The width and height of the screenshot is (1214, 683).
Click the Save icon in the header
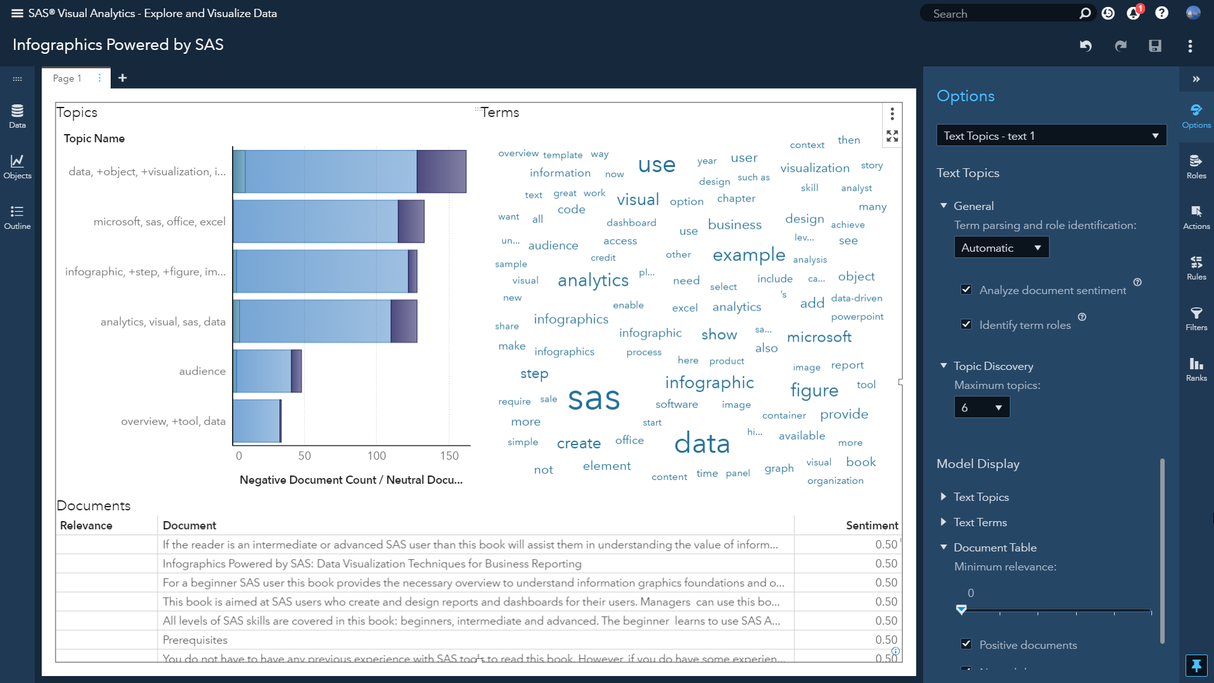coord(1155,46)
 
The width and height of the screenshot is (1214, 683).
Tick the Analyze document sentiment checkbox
coord(966,290)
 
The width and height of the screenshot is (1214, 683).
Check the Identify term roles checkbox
coord(966,324)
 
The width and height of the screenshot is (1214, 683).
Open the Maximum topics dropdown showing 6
coord(981,407)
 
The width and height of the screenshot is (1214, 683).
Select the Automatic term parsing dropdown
coord(1001,247)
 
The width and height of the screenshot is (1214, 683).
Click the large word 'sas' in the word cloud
coord(594,398)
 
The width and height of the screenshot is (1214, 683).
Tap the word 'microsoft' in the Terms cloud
coord(819,337)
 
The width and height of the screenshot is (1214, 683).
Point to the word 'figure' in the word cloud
coord(814,390)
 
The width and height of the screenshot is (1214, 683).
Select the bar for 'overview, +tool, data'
coord(257,421)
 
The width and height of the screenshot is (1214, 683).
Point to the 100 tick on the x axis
coord(377,455)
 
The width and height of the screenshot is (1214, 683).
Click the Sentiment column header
coord(871,526)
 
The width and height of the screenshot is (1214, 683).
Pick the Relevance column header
coord(86,526)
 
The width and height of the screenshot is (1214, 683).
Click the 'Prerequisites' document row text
coord(195,640)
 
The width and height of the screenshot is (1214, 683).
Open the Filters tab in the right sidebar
coord(1196,318)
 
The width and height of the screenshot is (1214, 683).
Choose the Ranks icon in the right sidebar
coord(1196,369)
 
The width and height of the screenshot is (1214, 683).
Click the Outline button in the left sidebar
coord(17,217)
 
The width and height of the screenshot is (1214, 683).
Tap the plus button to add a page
coord(123,78)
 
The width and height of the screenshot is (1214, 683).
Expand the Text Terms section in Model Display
coord(980,522)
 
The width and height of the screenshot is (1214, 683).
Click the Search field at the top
coord(1002,14)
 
